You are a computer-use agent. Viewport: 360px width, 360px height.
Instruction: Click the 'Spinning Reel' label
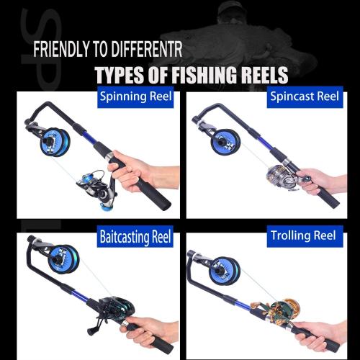pos(135,96)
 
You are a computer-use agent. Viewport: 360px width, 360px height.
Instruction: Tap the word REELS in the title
pos(262,75)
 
